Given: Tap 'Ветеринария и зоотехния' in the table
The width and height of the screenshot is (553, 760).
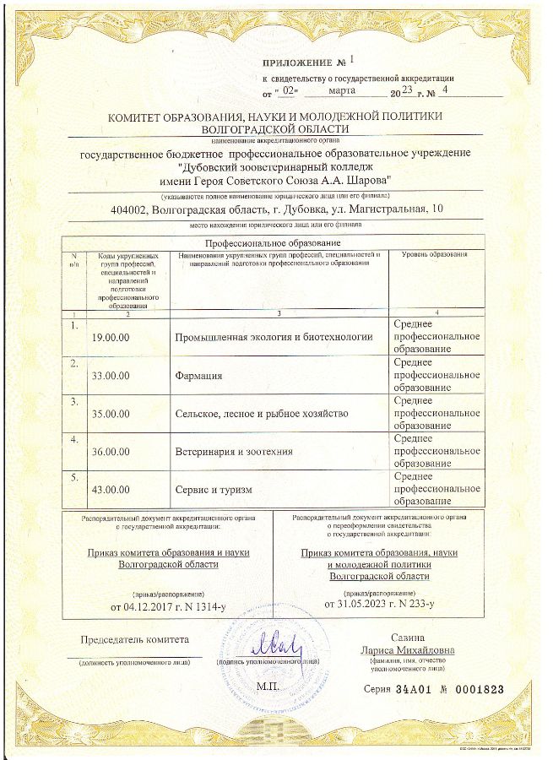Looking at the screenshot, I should pos(234,452).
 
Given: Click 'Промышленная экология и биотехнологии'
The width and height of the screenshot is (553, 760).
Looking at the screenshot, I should pos(273,336).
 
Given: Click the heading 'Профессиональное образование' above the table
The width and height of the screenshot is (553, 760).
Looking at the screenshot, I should pos(273,242).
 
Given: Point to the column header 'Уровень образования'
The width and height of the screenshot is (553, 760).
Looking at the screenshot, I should pos(434,254).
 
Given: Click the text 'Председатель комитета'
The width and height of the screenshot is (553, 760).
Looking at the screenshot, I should pos(135,639).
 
